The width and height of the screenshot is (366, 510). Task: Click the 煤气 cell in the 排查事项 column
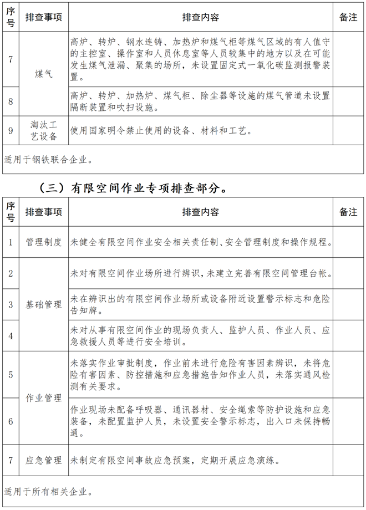tap(43, 74)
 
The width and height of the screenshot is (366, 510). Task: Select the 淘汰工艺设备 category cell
tap(43, 131)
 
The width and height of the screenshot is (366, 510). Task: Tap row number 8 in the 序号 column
tap(11, 101)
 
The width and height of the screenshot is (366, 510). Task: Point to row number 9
tap(11, 131)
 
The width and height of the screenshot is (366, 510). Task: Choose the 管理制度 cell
tap(43, 242)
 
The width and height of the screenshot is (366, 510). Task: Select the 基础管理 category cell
tap(43, 304)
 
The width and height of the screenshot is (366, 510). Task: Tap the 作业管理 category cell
tap(43, 398)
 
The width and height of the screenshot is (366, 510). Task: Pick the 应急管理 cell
tap(43, 460)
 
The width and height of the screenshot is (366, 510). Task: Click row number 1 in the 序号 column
tap(11, 242)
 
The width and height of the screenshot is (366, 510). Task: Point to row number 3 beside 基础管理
tap(11, 304)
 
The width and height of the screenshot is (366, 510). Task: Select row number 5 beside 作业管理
tap(11, 375)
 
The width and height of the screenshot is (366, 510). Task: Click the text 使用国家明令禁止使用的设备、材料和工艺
tap(161, 131)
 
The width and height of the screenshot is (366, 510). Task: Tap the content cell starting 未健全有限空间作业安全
tap(201, 242)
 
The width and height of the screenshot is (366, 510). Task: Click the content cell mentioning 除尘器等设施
tap(201, 101)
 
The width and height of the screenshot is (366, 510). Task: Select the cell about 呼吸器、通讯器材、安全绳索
tap(201, 421)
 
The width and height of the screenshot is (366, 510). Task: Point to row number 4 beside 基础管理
tap(11, 336)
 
